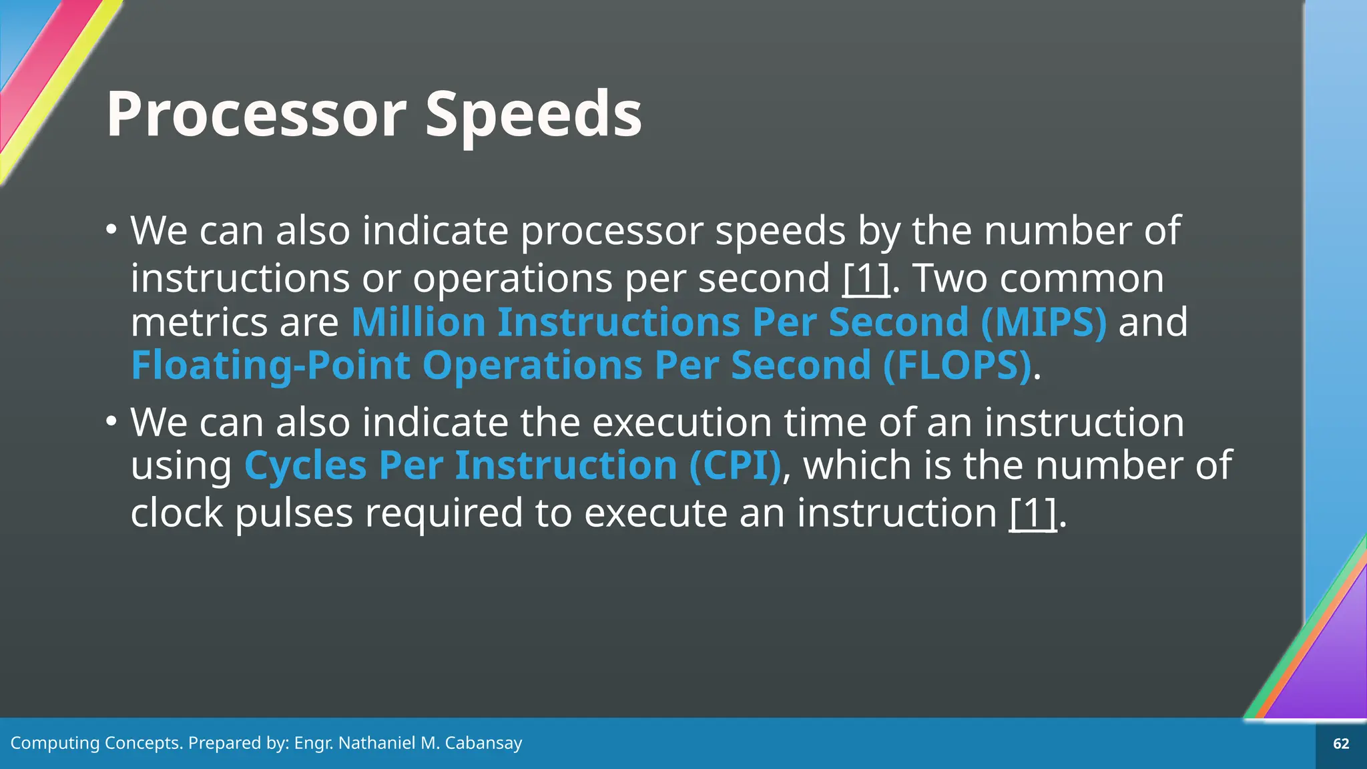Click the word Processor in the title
coord(256,115)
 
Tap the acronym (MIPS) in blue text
coord(1044,322)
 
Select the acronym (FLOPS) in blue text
coord(957,366)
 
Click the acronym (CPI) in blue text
coord(735,465)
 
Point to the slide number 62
coord(1341,744)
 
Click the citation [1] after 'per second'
coord(866,278)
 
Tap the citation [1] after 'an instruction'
coord(1033,513)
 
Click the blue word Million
coord(418,322)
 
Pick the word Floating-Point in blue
coord(270,366)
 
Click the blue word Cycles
coord(305,465)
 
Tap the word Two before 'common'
coord(949,278)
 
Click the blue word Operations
coord(532,366)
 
